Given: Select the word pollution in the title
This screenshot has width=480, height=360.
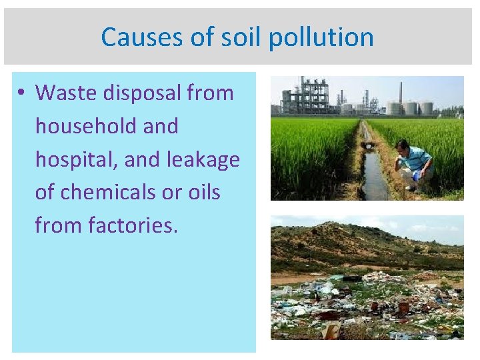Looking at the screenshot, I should click(321, 37).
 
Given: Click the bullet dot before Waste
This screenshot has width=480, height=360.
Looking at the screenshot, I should click(23, 93).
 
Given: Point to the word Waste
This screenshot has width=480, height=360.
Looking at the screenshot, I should click(67, 93).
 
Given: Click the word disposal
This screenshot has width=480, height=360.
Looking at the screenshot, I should click(143, 93).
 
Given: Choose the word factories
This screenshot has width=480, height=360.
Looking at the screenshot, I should click(133, 226).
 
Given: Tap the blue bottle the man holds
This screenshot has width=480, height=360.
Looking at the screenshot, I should click(416, 177).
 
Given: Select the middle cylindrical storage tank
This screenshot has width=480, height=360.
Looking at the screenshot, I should click(411, 108).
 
